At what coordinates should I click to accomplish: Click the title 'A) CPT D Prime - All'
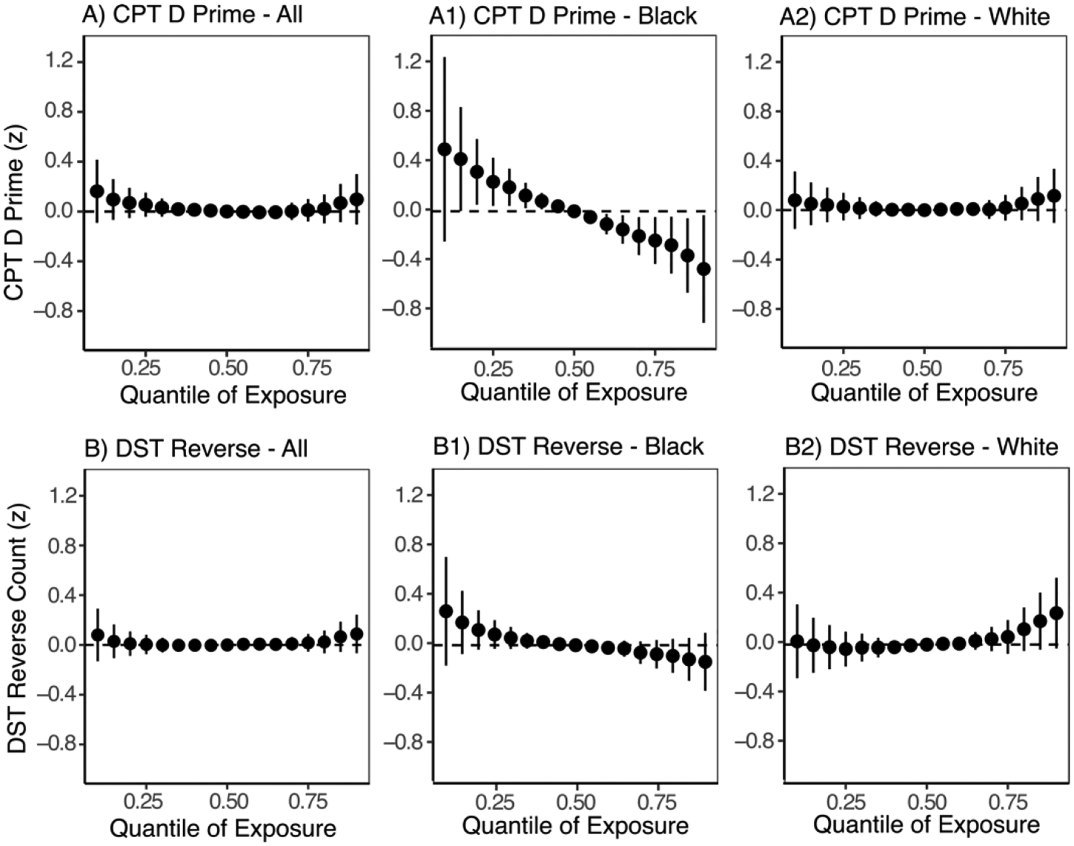click(x=192, y=14)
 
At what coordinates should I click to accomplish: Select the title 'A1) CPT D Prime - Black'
click(x=563, y=16)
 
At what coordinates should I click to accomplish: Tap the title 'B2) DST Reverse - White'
click(x=921, y=447)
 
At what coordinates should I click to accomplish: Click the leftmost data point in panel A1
click(x=445, y=149)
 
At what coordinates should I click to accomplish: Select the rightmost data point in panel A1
click(x=704, y=269)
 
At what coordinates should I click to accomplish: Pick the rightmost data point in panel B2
click(x=1056, y=613)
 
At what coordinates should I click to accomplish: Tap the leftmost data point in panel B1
click(x=446, y=611)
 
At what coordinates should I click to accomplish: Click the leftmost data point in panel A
click(x=97, y=192)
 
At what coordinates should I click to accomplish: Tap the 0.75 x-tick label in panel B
click(x=308, y=801)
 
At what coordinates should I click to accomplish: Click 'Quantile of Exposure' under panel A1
click(x=573, y=393)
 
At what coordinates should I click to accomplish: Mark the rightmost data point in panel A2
click(x=1054, y=196)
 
